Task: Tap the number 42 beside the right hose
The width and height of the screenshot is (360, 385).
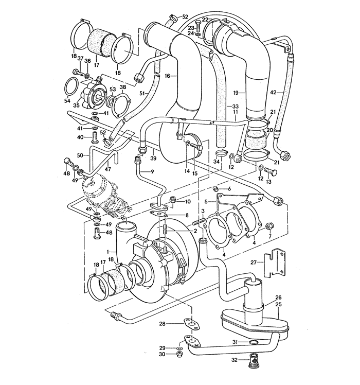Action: point(273,93)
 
